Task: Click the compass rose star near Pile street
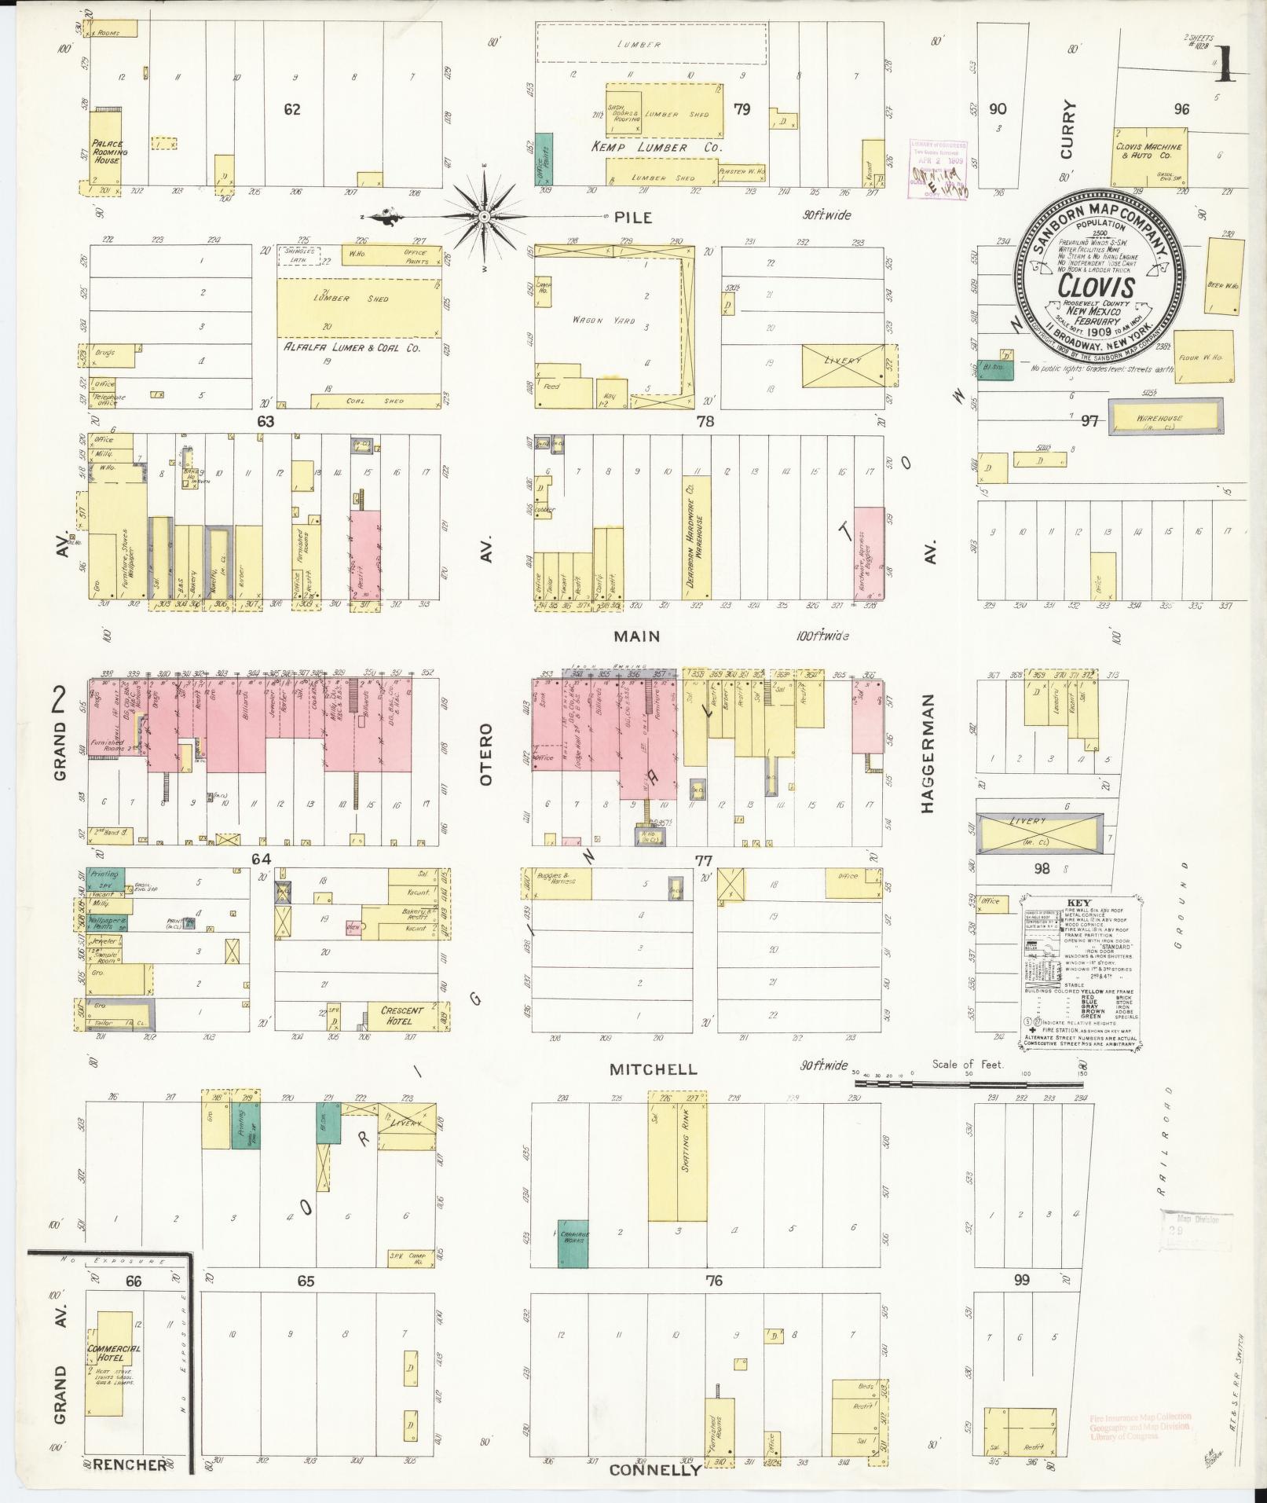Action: (485, 216)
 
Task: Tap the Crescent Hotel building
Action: (401, 1014)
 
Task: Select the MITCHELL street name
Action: (653, 1069)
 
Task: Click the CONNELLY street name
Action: (654, 1469)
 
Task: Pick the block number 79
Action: (742, 109)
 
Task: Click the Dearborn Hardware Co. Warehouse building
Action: (696, 539)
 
